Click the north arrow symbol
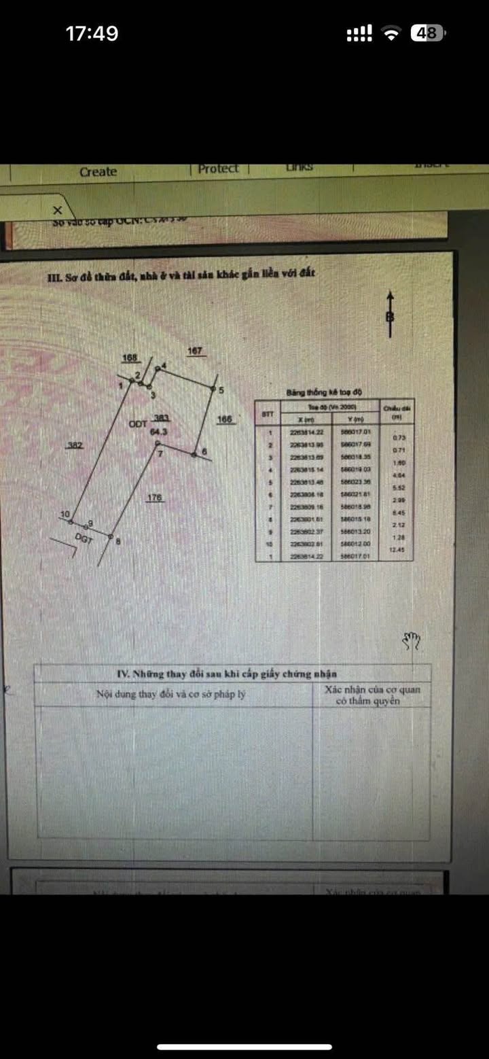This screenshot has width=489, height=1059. pos(391,315)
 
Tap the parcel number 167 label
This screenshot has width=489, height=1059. pos(195,351)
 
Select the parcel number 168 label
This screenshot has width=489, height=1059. pos(130,358)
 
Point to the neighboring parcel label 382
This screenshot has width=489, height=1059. pos(75,445)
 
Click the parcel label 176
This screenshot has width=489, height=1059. pos(155,498)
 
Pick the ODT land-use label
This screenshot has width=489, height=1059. pos(138,423)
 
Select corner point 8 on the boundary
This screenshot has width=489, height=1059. pos(111,536)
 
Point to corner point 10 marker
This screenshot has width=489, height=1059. pos(72,521)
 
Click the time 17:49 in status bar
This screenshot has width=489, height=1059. pos(92,33)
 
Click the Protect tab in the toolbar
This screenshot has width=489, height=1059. pos(218,169)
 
